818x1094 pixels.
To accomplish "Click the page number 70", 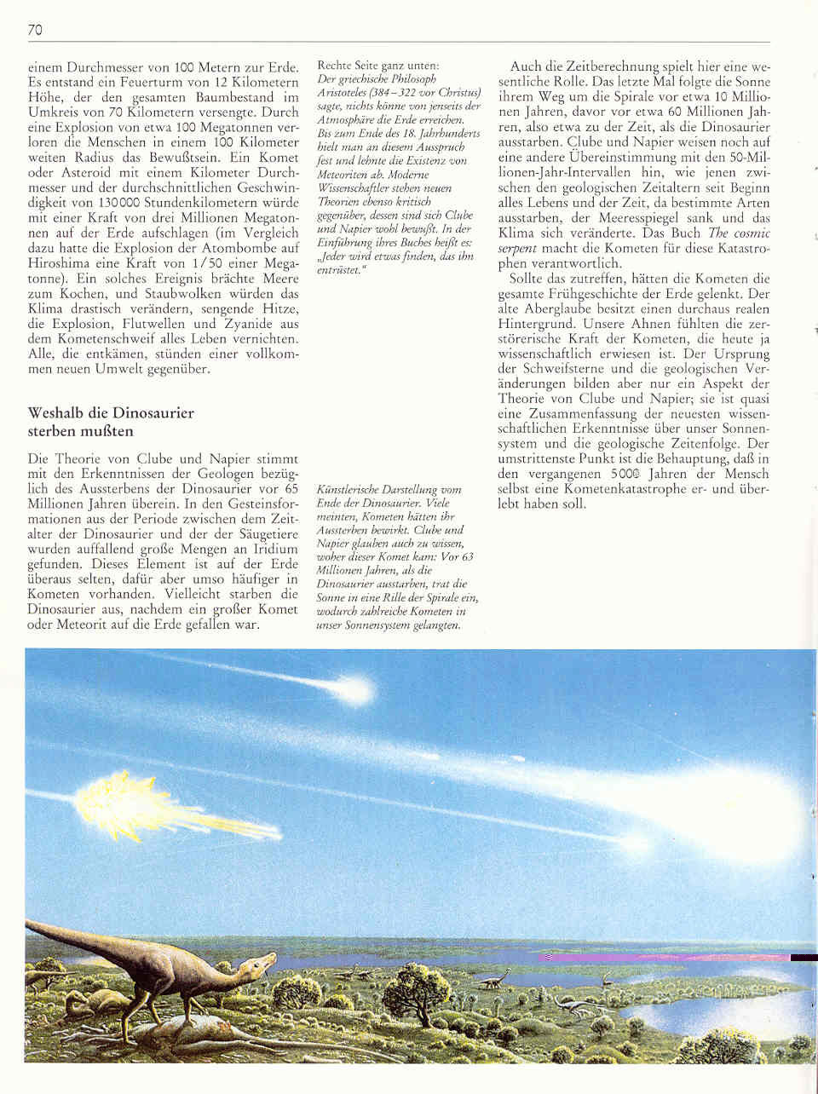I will pos(35,31).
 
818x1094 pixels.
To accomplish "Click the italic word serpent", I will pos(518,247).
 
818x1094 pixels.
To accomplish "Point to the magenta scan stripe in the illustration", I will pos(665,957).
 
